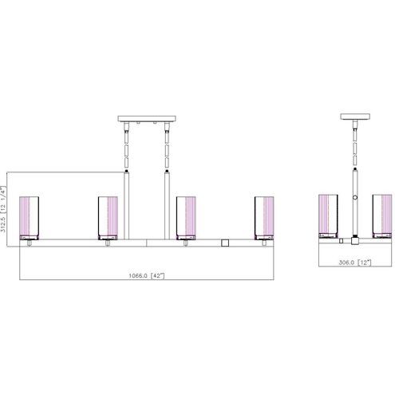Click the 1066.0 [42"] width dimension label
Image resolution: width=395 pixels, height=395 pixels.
147,275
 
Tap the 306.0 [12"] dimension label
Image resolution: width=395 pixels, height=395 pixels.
354,263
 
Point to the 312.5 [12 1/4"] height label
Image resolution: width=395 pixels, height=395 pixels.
3,208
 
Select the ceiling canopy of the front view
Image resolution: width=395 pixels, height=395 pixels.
147,119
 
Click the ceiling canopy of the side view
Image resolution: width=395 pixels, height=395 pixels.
355,117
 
